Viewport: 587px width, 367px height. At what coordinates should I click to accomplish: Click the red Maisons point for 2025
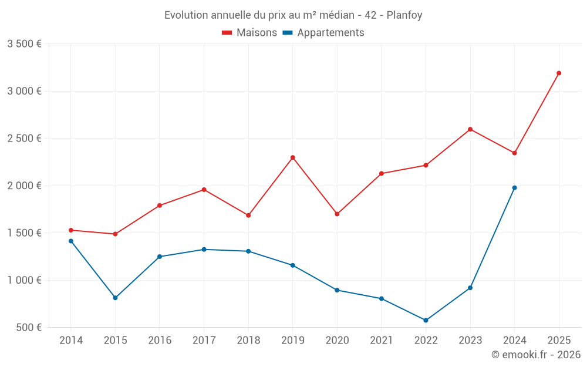click(559, 73)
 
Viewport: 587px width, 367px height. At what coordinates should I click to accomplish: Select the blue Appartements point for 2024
click(515, 188)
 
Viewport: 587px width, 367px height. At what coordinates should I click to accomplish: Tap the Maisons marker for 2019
click(293, 157)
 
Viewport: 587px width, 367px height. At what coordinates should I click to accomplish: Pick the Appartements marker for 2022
click(426, 321)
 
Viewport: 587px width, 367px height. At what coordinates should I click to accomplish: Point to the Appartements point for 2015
click(116, 298)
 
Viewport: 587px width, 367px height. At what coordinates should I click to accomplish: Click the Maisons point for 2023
click(470, 129)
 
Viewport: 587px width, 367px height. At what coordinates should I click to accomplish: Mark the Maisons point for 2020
click(337, 214)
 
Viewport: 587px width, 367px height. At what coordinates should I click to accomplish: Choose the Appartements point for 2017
click(204, 250)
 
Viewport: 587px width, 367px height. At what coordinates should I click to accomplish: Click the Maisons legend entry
click(249, 33)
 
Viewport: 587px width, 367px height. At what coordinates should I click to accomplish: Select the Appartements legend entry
click(323, 33)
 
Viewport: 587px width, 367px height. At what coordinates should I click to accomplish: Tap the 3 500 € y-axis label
click(24, 44)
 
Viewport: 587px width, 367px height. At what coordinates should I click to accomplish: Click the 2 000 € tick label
click(24, 186)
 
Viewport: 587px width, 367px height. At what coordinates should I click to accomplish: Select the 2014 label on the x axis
click(71, 341)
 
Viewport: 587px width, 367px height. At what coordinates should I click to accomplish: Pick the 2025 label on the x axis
click(559, 341)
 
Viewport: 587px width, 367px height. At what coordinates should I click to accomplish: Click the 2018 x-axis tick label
click(248, 341)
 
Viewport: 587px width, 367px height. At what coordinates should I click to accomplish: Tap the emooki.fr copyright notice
click(536, 355)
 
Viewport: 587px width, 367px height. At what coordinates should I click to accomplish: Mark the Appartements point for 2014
click(71, 241)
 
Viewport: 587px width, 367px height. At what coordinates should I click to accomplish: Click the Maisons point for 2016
click(160, 206)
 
